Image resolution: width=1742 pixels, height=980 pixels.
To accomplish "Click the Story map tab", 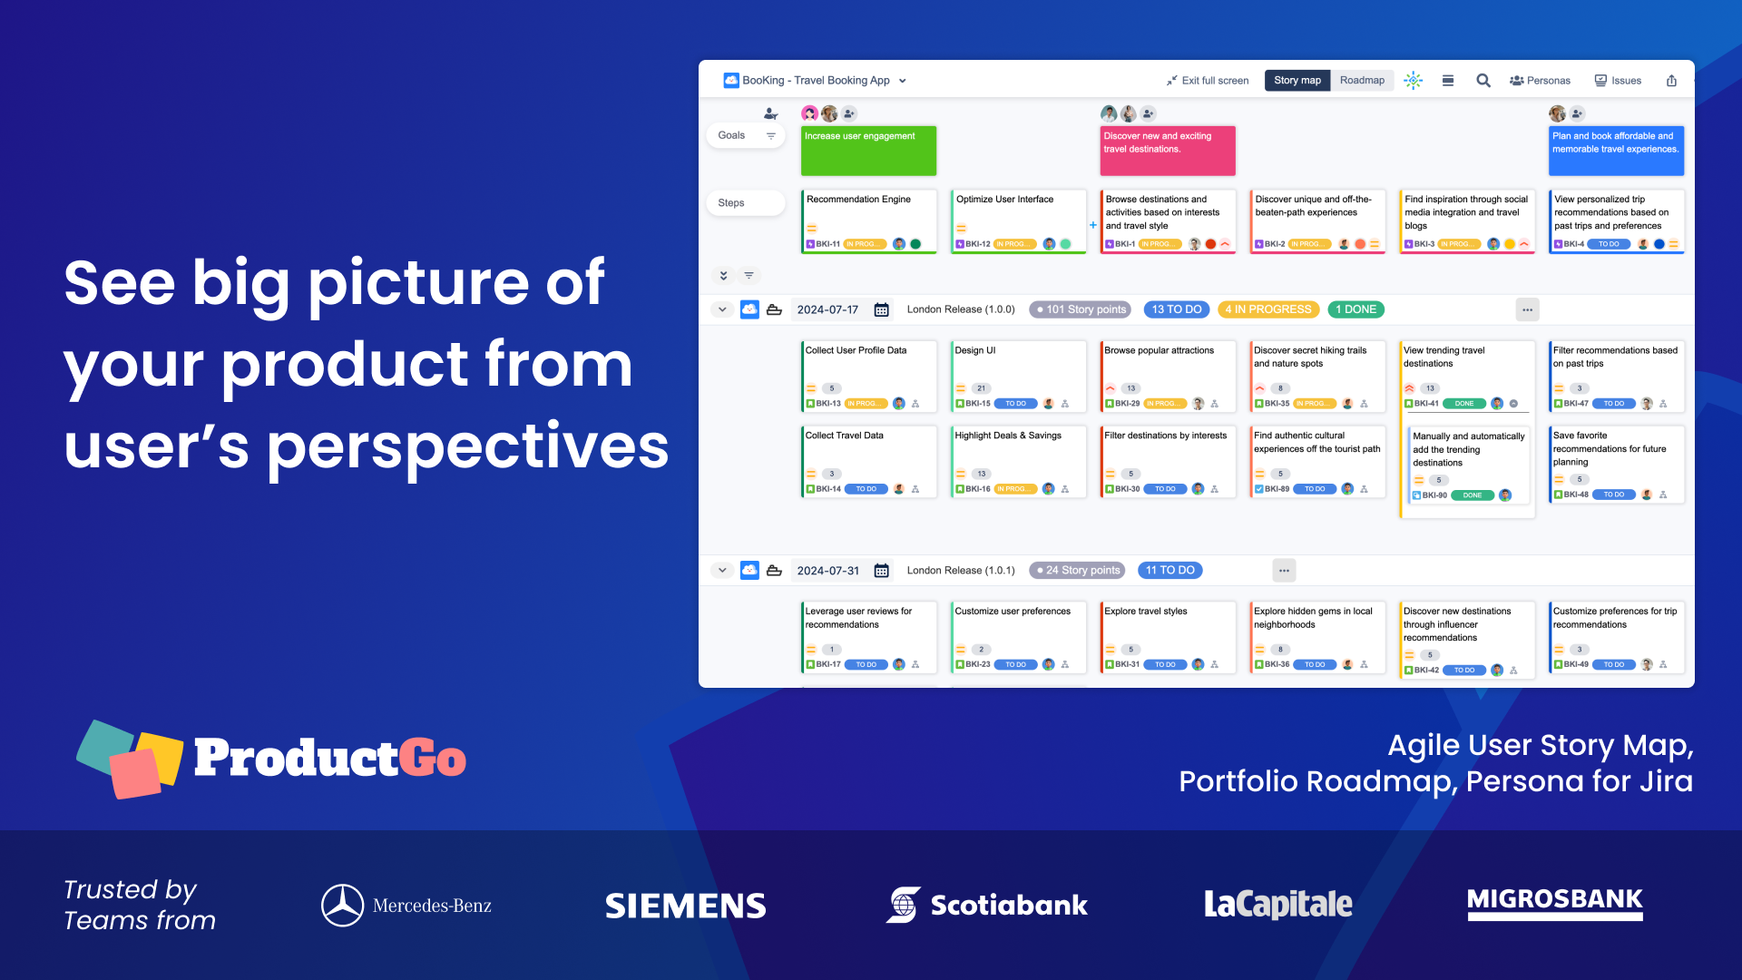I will (x=1297, y=81).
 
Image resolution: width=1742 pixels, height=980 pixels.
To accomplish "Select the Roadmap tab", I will (x=1362, y=81).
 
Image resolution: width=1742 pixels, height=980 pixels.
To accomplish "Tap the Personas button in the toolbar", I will (x=1540, y=81).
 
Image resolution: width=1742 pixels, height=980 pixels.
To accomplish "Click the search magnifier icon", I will (x=1483, y=81).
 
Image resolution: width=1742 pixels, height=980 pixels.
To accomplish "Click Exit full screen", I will (x=1208, y=81).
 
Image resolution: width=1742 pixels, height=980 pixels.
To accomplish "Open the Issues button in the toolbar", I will (x=1618, y=81).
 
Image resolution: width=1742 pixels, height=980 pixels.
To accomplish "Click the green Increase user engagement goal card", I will (x=868, y=151).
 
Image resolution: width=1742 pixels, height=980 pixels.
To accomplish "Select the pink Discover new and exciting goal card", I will (x=1168, y=151).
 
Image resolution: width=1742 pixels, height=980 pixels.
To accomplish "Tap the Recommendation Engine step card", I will (x=868, y=220).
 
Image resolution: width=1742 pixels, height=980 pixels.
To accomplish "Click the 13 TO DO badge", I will (x=1176, y=309).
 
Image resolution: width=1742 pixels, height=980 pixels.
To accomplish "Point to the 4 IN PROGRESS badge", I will (x=1267, y=309).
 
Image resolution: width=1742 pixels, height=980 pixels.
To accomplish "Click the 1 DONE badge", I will (x=1355, y=309).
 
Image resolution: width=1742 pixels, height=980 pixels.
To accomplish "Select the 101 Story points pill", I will (x=1080, y=309).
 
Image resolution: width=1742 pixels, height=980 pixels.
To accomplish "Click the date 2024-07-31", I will (x=827, y=571).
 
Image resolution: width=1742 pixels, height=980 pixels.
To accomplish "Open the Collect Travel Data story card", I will (x=868, y=461).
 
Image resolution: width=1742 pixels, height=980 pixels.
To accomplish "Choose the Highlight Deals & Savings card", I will (x=1018, y=461).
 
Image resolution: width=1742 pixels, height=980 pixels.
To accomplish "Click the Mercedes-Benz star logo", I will (x=342, y=906).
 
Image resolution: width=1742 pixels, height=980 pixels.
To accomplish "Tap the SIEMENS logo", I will (x=685, y=906).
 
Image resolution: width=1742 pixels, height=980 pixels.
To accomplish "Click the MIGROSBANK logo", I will (x=1554, y=902).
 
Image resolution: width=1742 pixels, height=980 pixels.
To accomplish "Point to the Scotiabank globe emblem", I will (x=903, y=905).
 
